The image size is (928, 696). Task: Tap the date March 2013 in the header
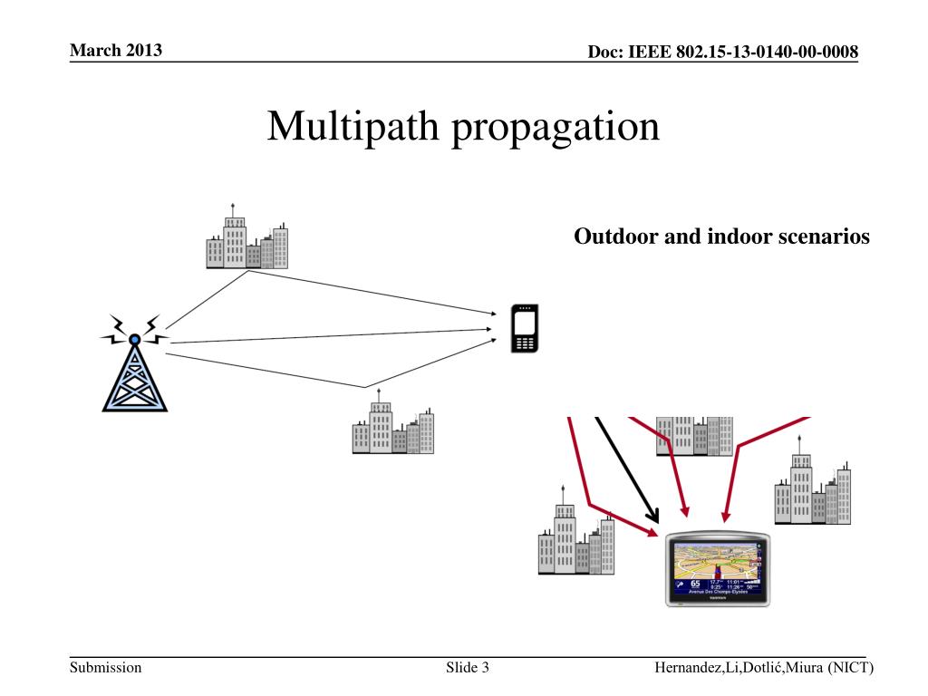[116, 50]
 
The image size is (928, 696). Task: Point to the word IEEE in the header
[650, 52]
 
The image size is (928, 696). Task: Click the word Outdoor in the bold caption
[612, 237]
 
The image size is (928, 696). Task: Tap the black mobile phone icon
[526, 328]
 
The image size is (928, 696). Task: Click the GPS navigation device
[718, 568]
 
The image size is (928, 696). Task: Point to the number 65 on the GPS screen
[695, 583]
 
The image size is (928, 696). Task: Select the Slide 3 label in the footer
[468, 668]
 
